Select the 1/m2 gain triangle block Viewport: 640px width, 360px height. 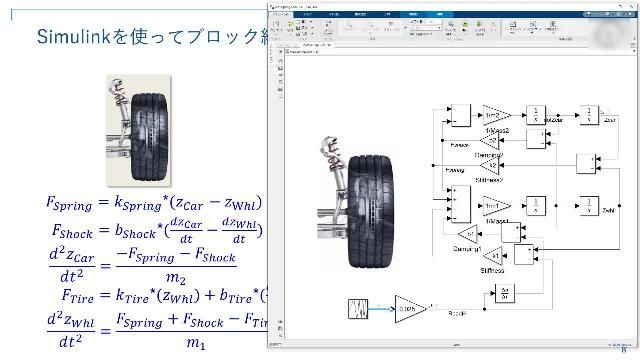tap(496, 114)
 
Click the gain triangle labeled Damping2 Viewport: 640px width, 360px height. tap(491, 142)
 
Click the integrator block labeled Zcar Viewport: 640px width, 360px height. tap(589, 114)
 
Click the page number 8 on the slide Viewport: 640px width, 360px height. tap(625, 349)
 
